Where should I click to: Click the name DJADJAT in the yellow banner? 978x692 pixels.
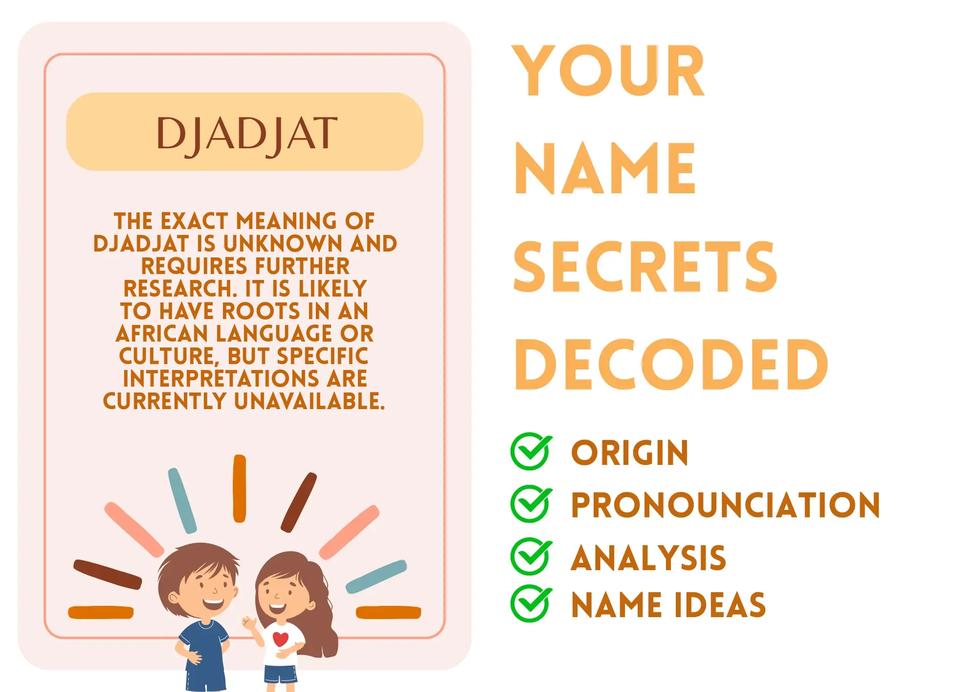(x=247, y=134)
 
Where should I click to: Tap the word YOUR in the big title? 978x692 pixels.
(x=608, y=71)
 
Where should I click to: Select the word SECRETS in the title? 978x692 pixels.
(x=645, y=267)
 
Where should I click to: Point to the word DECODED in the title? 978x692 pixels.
(x=671, y=365)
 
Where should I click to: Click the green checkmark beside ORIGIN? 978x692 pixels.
(x=531, y=451)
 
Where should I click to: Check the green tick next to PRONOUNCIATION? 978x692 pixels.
(x=531, y=504)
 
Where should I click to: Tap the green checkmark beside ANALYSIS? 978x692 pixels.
(x=531, y=556)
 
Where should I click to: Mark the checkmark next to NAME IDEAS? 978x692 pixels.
(x=531, y=603)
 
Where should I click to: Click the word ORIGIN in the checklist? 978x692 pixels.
(x=630, y=453)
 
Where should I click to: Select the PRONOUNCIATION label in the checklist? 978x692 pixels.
(x=726, y=505)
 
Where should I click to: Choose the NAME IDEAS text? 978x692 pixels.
(x=668, y=605)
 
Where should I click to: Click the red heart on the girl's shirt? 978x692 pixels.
(x=281, y=639)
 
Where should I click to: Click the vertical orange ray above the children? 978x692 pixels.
(x=240, y=488)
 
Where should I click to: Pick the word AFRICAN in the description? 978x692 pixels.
(x=162, y=334)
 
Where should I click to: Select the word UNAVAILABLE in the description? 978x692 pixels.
(x=310, y=401)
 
